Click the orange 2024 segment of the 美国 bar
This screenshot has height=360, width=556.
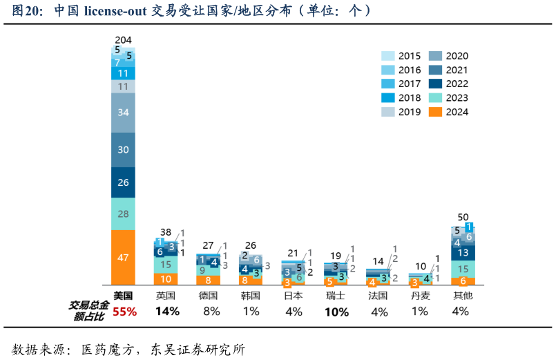[x=123, y=257]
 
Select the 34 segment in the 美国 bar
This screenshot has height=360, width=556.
[x=123, y=112]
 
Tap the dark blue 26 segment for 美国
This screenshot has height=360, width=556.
[x=123, y=182]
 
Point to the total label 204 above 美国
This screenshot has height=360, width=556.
[x=124, y=40]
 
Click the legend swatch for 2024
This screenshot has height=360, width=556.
[x=435, y=112]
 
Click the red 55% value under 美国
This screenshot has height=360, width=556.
[x=124, y=312]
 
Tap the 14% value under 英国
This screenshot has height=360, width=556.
[x=167, y=312]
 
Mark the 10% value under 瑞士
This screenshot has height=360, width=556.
[x=336, y=312]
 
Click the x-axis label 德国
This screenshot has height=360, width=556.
[x=208, y=295]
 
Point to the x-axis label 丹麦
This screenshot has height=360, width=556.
[x=420, y=295]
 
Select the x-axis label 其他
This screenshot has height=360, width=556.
[x=463, y=295]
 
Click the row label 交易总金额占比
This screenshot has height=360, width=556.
[x=88, y=311]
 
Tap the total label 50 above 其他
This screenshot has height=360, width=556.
[x=463, y=217]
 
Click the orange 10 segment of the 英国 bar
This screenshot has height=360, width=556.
[x=166, y=279]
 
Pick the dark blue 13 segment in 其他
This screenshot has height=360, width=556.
[x=463, y=253]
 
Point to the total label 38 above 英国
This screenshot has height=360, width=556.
[x=166, y=232]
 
